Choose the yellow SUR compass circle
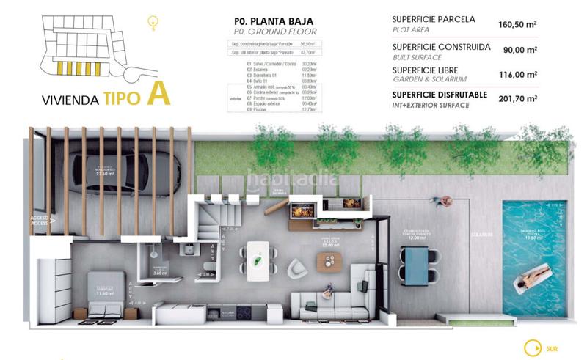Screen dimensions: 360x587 (529, 348)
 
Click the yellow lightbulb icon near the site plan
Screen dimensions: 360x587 (153, 23)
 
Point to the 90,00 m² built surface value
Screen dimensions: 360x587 (519, 50)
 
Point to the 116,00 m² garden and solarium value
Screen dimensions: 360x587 (517, 74)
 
